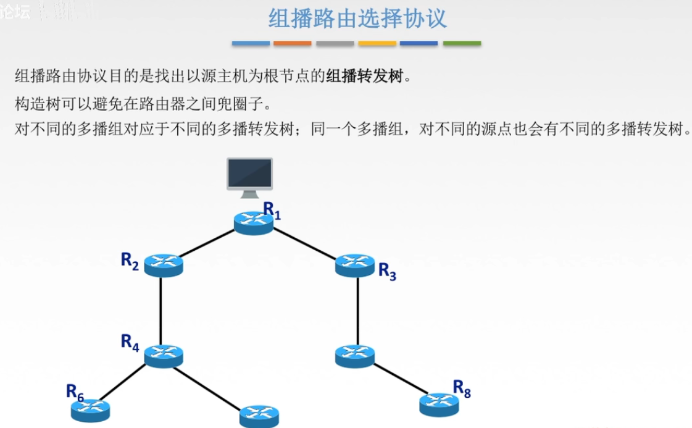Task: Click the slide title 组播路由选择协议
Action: point(357,19)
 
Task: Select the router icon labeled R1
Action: point(253,222)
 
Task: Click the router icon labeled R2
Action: point(164,265)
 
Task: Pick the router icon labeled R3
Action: point(355,265)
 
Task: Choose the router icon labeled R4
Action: point(164,355)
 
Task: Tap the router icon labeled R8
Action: point(439,405)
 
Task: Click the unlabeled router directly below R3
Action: point(355,355)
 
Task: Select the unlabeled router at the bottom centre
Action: point(259,416)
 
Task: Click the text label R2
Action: point(130,260)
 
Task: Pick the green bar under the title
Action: point(462,44)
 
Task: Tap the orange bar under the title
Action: point(293,44)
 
